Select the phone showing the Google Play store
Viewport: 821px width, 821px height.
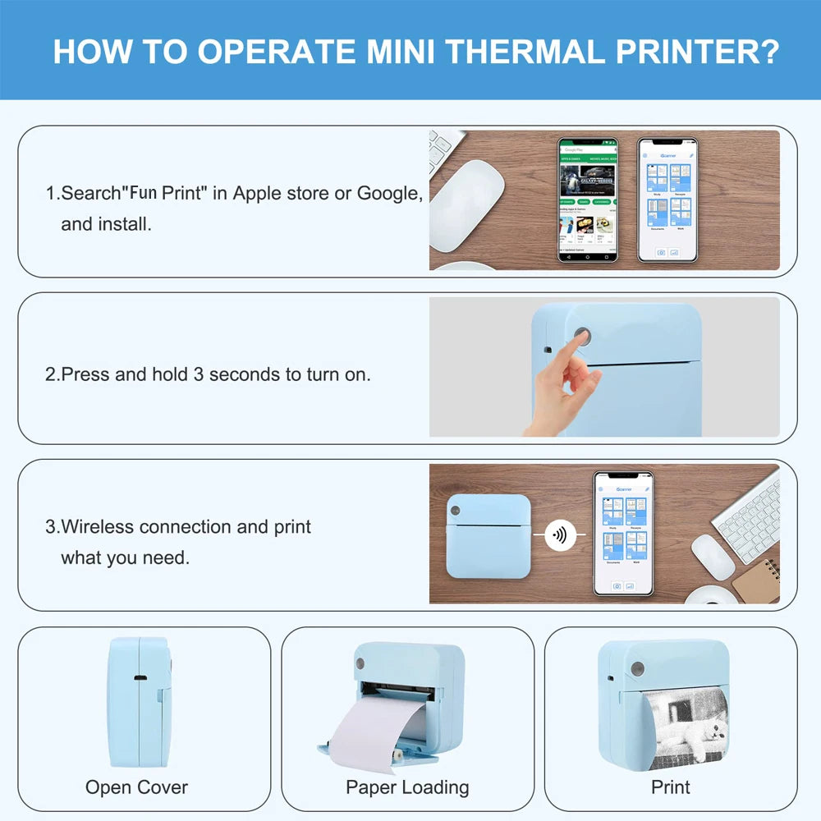[x=588, y=200]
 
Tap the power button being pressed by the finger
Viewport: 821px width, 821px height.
[x=582, y=337]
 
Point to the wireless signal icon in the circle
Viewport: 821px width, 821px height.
[x=560, y=535]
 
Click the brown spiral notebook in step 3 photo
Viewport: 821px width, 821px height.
[x=756, y=581]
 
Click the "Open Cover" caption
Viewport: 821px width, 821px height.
[x=136, y=787]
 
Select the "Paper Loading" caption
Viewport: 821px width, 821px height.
[x=407, y=787]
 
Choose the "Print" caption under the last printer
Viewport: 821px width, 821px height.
[x=670, y=787]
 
